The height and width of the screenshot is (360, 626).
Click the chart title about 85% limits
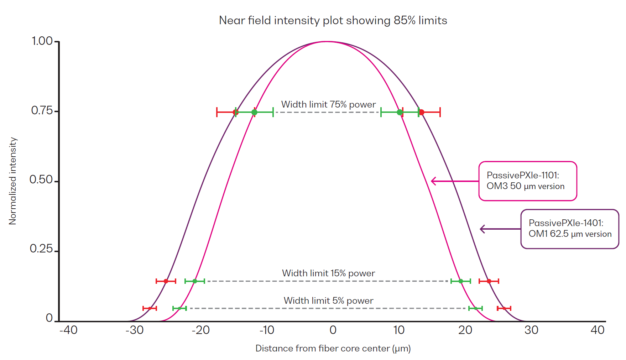pos(333,20)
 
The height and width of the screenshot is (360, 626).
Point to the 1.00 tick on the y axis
pos(42,41)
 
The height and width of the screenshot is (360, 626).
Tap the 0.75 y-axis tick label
pos(42,110)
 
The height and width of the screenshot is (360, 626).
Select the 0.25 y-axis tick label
pos(41,249)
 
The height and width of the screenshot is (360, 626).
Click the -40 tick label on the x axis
pos(68,330)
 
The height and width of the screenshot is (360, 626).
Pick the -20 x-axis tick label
pos(201,330)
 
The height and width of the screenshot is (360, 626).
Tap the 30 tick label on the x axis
pos(531,330)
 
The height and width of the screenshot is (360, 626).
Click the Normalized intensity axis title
pos(13,181)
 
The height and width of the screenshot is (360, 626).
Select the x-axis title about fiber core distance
pos(333,348)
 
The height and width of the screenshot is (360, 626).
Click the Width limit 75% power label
pos(328,104)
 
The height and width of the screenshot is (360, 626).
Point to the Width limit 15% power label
pos(328,273)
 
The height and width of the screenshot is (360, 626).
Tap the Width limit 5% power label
pos(328,301)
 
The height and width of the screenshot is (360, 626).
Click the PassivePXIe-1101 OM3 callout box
pos(527,181)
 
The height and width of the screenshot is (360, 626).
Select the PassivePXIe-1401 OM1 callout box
pos(569,229)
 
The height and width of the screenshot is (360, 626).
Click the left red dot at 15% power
pos(166,281)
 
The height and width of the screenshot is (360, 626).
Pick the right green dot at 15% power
pos(461,281)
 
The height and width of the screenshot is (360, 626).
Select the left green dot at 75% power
pos(254,112)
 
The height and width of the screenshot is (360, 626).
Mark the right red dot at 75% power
pos(422,112)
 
